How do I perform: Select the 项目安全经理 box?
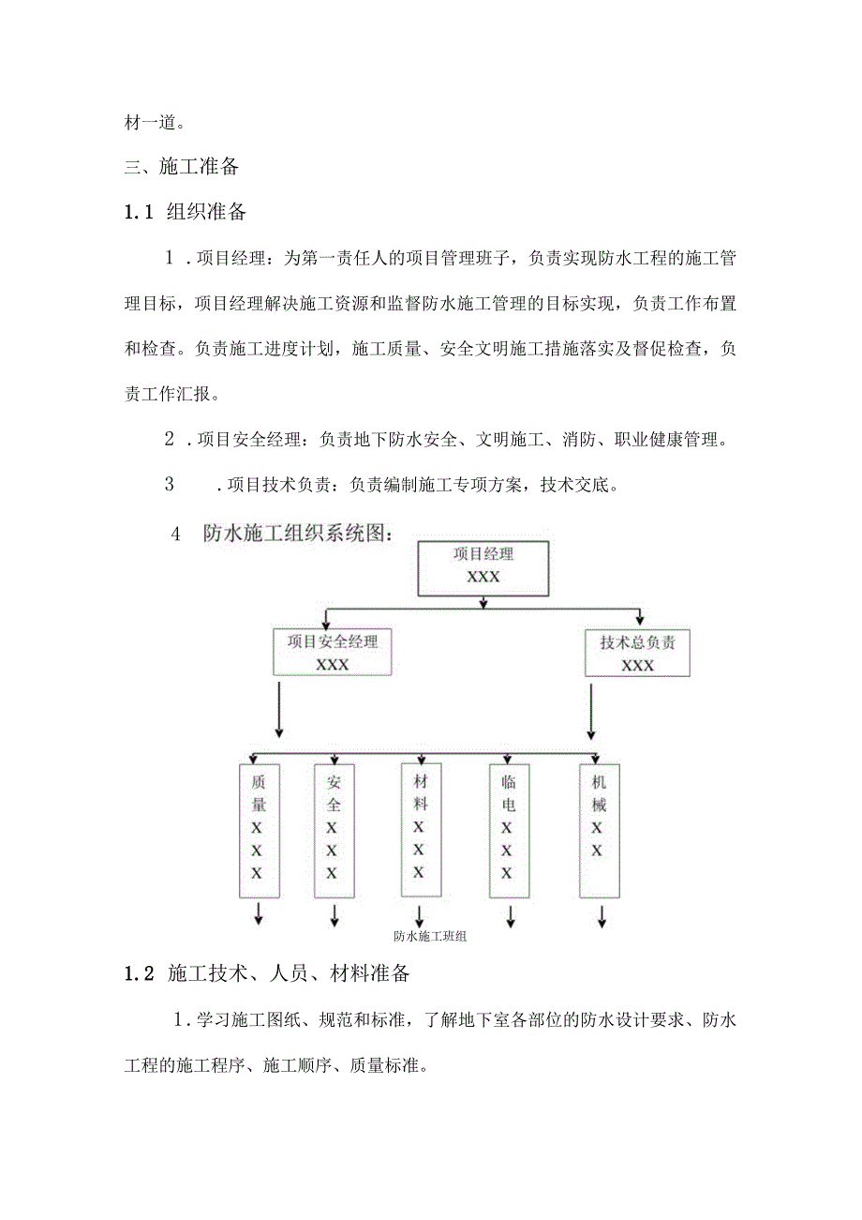(333, 652)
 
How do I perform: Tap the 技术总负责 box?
(637, 653)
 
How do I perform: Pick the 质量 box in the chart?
(258, 829)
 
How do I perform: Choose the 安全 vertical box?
(334, 829)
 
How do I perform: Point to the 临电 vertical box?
(507, 829)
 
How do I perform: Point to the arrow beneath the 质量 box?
(259, 914)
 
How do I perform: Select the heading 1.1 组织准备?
(186, 212)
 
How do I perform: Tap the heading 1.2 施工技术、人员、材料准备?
(266, 973)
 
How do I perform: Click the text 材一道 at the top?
(155, 122)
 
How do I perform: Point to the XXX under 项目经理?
(483, 577)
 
